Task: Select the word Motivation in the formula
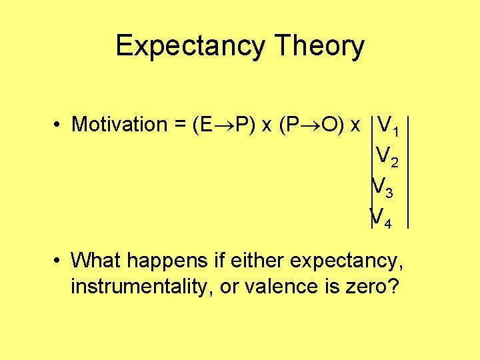pos(119,125)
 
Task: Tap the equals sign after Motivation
pos(179,125)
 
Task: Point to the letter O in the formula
pos(326,125)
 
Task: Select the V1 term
pos(387,125)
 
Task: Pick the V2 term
pos(387,156)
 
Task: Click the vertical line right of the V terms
pos(408,173)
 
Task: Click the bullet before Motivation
pos(59,125)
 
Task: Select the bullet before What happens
pos(59,259)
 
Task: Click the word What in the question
pos(94,259)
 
